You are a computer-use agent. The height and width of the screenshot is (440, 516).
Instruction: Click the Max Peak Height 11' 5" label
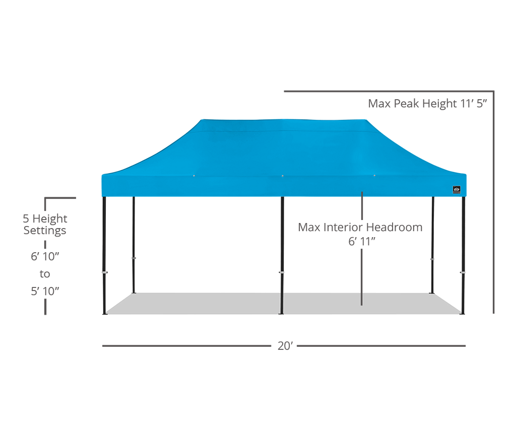pyautogui.click(x=427, y=104)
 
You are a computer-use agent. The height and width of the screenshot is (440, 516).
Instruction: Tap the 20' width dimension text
pyautogui.click(x=285, y=346)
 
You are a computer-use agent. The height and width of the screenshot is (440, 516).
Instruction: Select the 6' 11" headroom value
pyautogui.click(x=362, y=242)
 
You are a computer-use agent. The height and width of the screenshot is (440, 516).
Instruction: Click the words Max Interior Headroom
pyautogui.click(x=360, y=227)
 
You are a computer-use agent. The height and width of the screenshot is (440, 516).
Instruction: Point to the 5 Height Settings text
pyautogui.click(x=45, y=224)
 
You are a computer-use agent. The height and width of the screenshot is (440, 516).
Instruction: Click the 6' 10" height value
pyautogui.click(x=45, y=257)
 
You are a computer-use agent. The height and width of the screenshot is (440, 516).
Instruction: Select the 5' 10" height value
pyautogui.click(x=45, y=291)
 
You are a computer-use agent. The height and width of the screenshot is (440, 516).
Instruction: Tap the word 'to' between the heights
pyautogui.click(x=45, y=274)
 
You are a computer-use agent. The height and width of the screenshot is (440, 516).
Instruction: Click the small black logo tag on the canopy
pyautogui.click(x=457, y=189)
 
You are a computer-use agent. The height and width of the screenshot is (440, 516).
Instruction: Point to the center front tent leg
pyautogui.click(x=282, y=255)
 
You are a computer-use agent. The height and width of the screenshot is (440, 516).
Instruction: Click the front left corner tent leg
pyautogui.click(x=104, y=255)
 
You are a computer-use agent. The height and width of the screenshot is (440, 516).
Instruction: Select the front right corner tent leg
pyautogui.click(x=463, y=255)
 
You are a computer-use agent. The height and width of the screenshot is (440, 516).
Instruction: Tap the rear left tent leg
pyautogui.click(x=134, y=245)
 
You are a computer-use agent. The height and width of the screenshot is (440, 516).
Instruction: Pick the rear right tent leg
pyautogui.click(x=433, y=245)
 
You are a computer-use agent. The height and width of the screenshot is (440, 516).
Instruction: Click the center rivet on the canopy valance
pyautogui.click(x=283, y=176)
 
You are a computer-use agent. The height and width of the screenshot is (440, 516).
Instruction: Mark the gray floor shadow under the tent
pyautogui.click(x=283, y=304)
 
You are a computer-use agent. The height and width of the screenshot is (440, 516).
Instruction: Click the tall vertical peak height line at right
pyautogui.click(x=494, y=202)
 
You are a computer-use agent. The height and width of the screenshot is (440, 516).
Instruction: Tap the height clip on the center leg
pyautogui.click(x=282, y=272)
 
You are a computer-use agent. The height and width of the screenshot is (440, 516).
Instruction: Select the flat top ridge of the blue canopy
pyautogui.click(x=284, y=120)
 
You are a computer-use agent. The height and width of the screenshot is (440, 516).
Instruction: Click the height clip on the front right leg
pyautogui.click(x=463, y=272)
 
